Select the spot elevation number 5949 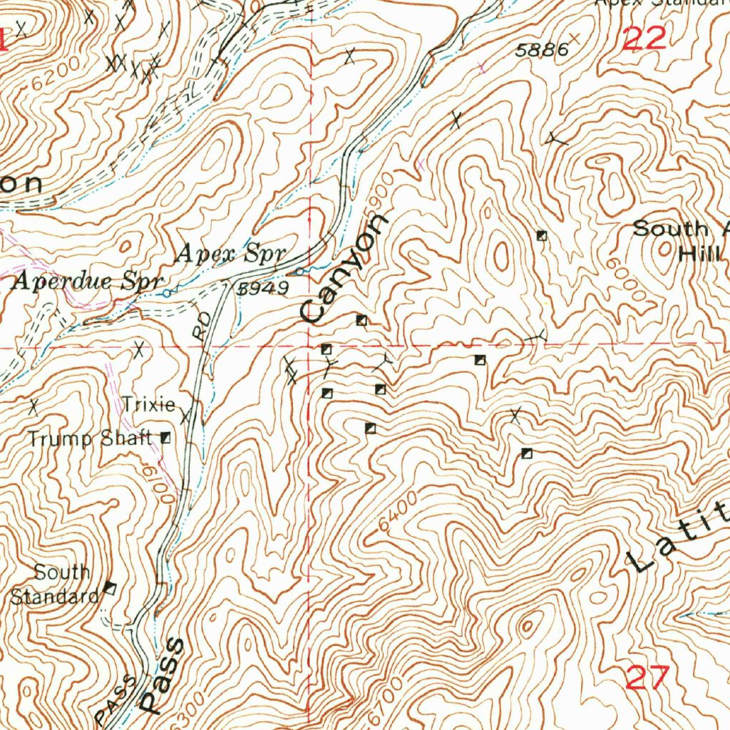pyautogui.click(x=263, y=288)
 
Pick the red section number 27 pyautogui.click(x=647, y=677)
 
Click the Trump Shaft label pyautogui.click(x=90, y=438)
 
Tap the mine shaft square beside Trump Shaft pyautogui.click(x=166, y=438)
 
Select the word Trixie pyautogui.click(x=148, y=405)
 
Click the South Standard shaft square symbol pyautogui.click(x=110, y=587)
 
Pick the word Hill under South pyautogui.click(x=700, y=253)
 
